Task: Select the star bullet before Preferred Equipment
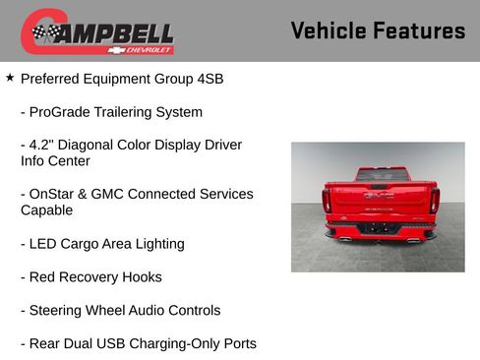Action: pos(10,77)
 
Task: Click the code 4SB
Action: pos(209,79)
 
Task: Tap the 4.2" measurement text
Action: pos(42,145)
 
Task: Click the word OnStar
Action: pos(56,194)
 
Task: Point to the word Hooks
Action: pos(142,277)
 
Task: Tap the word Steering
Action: pos(60,311)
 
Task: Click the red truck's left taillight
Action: pos(327,201)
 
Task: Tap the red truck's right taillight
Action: pos(434,201)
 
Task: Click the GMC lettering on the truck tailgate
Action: pos(379,196)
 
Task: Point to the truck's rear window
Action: pos(382,175)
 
